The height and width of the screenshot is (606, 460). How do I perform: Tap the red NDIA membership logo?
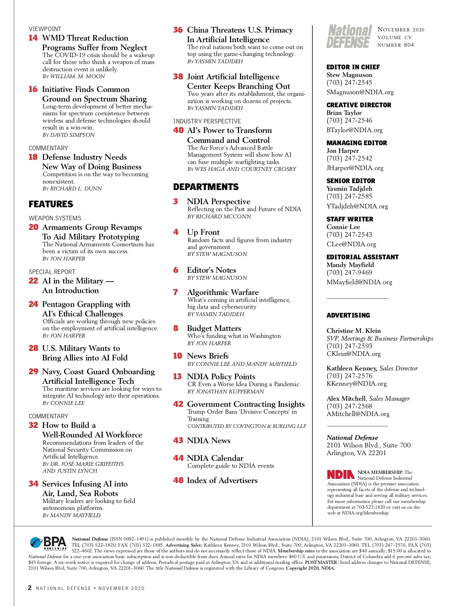(x=340, y=475)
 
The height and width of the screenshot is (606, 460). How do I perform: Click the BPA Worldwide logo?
(x=48, y=543)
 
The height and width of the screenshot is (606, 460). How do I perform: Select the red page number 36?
(x=178, y=30)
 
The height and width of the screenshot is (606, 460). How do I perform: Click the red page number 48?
(x=178, y=480)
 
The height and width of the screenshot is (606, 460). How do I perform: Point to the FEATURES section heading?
(x=51, y=204)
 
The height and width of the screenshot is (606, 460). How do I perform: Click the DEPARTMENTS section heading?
(x=206, y=187)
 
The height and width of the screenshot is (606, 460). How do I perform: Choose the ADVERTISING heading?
(x=348, y=315)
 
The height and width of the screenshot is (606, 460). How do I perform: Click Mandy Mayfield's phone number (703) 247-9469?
(x=349, y=272)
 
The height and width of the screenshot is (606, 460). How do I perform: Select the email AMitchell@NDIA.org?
(x=358, y=414)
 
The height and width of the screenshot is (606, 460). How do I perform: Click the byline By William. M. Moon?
(x=74, y=76)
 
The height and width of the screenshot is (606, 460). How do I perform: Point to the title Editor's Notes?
(x=212, y=270)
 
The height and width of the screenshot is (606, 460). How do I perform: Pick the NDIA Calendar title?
(x=215, y=458)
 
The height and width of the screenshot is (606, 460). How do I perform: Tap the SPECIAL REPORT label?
(x=52, y=272)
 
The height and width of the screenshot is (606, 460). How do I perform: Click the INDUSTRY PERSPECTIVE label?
(x=207, y=121)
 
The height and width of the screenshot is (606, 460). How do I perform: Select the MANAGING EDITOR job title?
(x=356, y=143)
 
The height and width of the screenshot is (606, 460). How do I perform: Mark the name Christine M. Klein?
(x=353, y=331)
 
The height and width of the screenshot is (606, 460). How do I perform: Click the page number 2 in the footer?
(x=30, y=588)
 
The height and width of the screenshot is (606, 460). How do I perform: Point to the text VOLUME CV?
(x=394, y=38)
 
